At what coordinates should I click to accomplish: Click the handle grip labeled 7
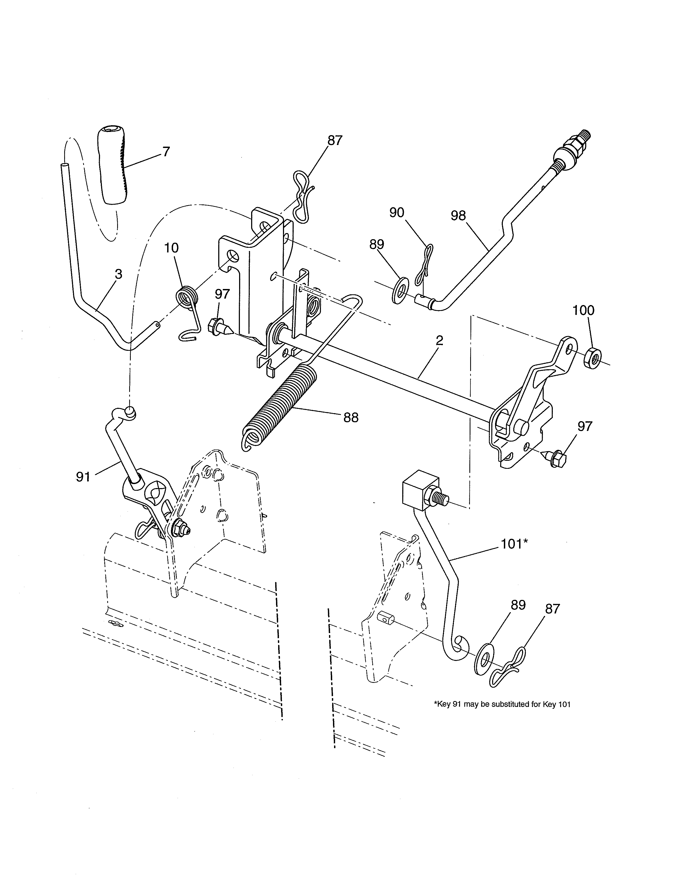pyautogui.click(x=112, y=172)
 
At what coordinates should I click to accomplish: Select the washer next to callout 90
pyautogui.click(x=400, y=290)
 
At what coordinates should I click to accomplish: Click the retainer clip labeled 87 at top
pyautogui.click(x=302, y=197)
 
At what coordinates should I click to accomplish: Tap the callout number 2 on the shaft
pyautogui.click(x=440, y=340)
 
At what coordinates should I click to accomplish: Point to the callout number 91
pyautogui.click(x=83, y=477)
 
